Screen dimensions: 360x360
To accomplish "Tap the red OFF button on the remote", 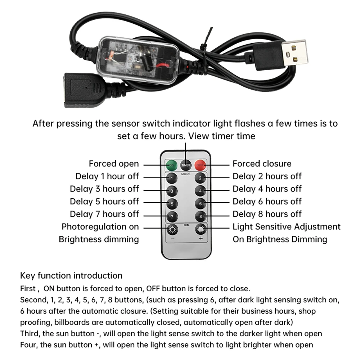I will (200, 166).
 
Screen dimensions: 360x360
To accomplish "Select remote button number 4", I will (200, 190).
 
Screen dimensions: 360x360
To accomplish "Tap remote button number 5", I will (172, 203).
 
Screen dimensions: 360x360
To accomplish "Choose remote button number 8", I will (200, 216).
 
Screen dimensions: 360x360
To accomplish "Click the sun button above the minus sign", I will (172, 229).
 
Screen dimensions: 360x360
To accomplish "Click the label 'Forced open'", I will (114, 164).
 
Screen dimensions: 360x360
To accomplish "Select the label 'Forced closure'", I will (262, 164).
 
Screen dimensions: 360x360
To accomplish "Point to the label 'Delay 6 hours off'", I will (267, 202).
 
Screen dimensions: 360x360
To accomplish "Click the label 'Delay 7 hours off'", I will (104, 214).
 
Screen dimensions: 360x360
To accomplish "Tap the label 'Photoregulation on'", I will (100, 227).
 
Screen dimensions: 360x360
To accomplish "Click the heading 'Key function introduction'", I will (71, 276).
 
